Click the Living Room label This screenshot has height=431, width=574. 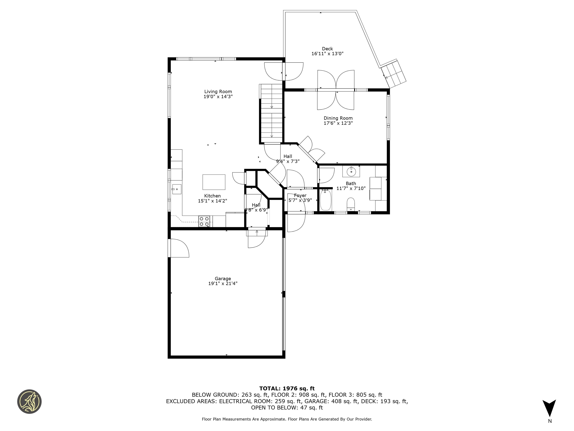coord(218,91)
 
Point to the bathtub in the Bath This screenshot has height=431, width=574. coord(325,200)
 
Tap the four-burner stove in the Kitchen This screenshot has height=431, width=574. coord(204,221)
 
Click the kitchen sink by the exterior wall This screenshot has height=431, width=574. coord(176,189)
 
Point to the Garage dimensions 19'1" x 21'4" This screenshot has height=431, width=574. coord(223,283)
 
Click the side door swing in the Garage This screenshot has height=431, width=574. coord(179,248)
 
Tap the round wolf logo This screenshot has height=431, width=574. coord(29,401)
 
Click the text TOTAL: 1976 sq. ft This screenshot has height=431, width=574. coord(287,388)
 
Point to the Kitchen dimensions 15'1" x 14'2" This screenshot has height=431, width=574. coord(212,201)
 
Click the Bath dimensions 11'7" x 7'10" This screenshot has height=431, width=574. coord(351,188)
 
